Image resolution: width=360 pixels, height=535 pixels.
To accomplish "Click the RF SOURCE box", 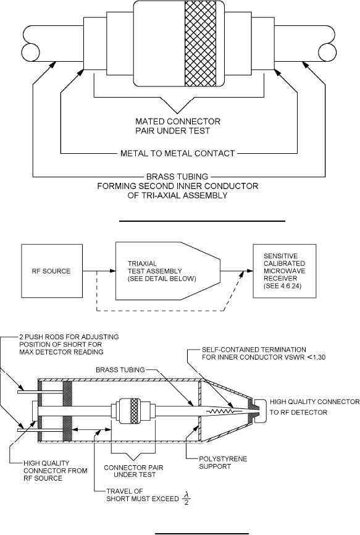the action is (51, 271).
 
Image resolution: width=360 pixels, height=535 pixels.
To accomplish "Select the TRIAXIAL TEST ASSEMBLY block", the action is (168, 271).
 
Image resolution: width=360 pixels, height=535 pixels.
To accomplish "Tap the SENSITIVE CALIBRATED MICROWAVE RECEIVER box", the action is (284, 271).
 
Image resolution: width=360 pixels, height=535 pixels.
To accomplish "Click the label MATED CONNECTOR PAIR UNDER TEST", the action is (178, 126).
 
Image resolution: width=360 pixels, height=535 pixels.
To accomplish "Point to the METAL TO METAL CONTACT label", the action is (178, 154).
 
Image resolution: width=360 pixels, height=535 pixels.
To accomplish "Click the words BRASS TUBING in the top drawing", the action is (177, 177).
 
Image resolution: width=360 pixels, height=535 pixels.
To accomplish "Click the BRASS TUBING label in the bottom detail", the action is (120, 370).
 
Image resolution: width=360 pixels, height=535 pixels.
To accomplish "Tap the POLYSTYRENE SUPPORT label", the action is (223, 463).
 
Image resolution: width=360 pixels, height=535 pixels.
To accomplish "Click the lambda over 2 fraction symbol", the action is (186, 498).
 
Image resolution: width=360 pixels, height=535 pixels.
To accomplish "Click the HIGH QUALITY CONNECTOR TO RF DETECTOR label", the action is (315, 407).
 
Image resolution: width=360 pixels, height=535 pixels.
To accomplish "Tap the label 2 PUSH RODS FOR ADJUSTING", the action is (69, 337).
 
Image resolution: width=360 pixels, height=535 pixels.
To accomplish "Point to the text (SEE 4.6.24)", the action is (282, 286).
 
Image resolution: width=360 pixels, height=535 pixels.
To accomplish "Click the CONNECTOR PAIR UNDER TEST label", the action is (133, 471).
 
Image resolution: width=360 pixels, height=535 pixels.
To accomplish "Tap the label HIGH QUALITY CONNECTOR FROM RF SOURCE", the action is (55, 471).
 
